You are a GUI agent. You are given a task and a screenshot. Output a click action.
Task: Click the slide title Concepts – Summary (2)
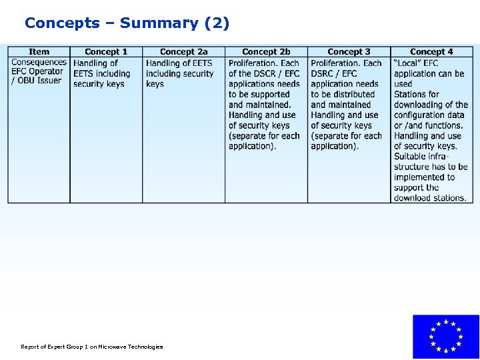click(127, 23)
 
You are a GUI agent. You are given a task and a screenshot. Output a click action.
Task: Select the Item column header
click(39, 51)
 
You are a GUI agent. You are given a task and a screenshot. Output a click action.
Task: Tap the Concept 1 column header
click(106, 51)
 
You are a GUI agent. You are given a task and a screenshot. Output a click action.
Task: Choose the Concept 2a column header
click(184, 51)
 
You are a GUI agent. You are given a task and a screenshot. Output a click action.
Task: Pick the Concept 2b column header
click(266, 51)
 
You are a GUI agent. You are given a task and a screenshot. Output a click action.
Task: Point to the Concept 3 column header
click(349, 51)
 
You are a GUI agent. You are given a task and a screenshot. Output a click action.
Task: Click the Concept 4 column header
click(431, 51)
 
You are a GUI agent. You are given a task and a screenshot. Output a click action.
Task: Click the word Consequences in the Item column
click(39, 63)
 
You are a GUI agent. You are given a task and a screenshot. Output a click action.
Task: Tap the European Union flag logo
click(445, 337)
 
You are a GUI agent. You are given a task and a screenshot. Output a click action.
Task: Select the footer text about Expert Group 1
click(91, 347)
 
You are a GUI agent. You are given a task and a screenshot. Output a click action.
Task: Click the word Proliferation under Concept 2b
click(254, 63)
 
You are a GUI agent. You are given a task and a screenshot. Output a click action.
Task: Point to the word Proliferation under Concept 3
click(336, 63)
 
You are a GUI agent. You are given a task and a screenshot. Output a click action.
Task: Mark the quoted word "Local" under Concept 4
click(407, 63)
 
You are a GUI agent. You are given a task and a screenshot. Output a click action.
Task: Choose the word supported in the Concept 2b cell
click(270, 94)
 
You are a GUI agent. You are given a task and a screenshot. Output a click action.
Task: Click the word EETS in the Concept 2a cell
click(199, 63)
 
